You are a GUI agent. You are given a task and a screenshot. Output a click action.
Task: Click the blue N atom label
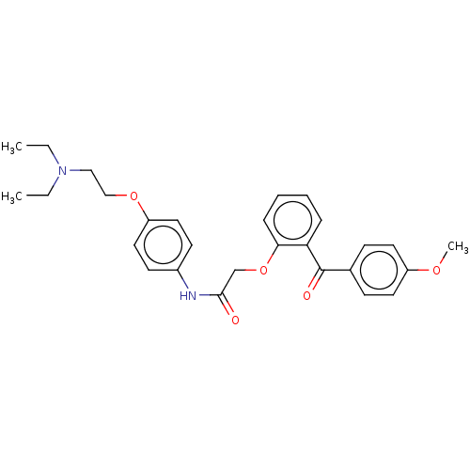(63, 170)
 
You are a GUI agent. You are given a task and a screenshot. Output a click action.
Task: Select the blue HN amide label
(188, 295)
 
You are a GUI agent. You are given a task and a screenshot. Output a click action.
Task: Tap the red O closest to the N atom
(133, 196)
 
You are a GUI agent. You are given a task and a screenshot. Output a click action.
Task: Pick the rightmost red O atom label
(435, 270)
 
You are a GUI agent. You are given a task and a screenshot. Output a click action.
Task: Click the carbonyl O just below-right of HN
(234, 321)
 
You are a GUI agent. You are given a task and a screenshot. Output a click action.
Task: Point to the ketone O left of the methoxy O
(306, 295)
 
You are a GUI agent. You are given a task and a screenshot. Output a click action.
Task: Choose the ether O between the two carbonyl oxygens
(263, 270)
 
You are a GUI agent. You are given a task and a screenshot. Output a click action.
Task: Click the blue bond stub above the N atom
(56, 159)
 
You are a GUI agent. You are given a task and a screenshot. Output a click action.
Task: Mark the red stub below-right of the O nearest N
(140, 206)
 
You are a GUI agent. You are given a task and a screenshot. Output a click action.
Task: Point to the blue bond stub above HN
(183, 283)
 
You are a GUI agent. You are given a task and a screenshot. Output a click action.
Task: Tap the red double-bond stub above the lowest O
(230, 311)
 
